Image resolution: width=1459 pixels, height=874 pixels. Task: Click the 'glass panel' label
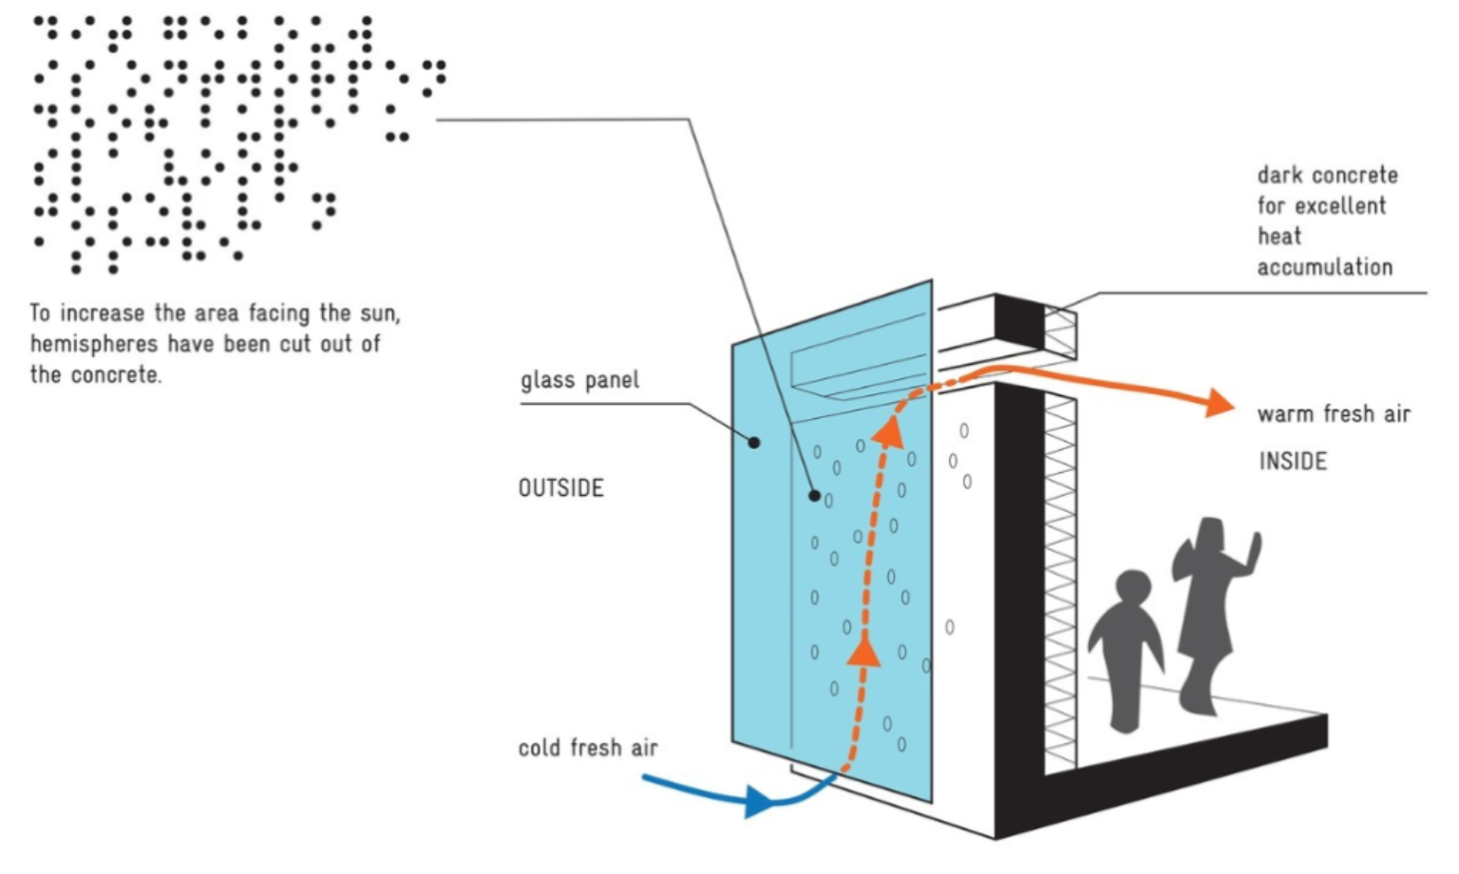579,380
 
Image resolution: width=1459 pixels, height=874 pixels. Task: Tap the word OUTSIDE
560,488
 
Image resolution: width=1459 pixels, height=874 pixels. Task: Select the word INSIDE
1293,462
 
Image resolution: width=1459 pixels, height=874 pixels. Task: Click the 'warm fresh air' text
1334,414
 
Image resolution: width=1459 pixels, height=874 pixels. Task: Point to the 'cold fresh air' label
588,749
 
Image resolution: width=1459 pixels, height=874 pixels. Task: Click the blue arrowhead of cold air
759,801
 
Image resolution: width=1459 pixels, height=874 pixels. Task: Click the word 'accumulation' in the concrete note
1325,267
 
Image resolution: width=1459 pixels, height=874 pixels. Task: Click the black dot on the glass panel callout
754,442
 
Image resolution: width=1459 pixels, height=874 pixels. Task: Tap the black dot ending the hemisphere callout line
814,495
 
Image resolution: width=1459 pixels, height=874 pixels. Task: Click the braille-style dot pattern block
218,142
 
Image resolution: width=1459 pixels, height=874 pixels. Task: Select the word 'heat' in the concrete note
1279,236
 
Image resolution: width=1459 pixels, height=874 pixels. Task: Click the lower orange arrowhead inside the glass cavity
864,651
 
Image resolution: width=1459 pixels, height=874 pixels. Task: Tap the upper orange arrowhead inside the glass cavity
889,432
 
